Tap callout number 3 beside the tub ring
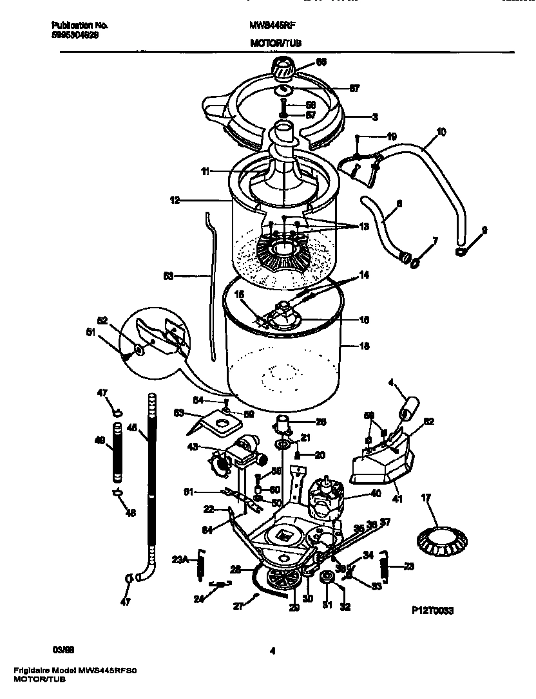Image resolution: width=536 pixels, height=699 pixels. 374,117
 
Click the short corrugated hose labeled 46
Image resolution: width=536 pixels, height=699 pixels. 117,453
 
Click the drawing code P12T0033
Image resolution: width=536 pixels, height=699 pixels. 431,610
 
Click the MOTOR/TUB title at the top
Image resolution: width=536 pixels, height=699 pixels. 275,43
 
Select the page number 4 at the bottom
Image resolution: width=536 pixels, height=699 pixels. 273,651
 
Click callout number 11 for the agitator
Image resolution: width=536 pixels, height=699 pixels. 204,172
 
